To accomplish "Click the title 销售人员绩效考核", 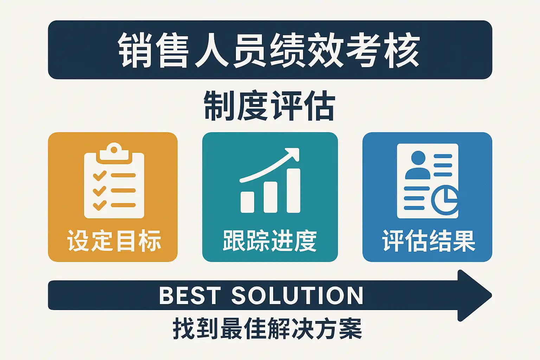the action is (x=269, y=50).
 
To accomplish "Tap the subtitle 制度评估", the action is (x=270, y=105).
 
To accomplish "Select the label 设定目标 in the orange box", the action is (x=114, y=240).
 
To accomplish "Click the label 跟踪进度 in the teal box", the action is (x=270, y=240).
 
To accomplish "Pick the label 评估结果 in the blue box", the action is (x=429, y=240).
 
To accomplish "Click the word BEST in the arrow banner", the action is (x=190, y=295).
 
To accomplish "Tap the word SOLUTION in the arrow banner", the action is (x=297, y=295).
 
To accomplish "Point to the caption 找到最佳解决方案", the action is (x=268, y=328).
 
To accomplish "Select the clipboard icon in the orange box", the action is (x=114, y=181).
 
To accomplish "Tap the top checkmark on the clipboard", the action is (x=100, y=175).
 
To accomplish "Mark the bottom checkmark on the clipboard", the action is (x=100, y=205).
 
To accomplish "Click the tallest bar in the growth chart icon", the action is (x=294, y=191).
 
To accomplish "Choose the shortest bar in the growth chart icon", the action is (x=247, y=202).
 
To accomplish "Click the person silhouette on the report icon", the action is (x=418, y=165).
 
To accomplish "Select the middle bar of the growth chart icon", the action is (x=270, y=197).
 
